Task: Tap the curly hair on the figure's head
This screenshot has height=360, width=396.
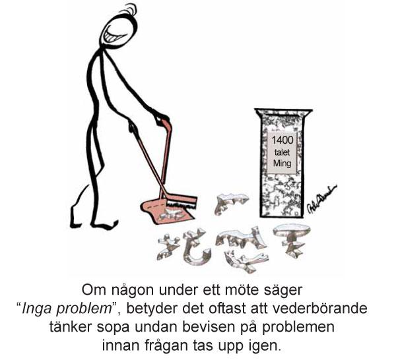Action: click(x=129, y=10)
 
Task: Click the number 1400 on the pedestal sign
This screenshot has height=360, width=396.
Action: click(x=282, y=140)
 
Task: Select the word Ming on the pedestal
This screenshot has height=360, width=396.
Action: click(x=282, y=163)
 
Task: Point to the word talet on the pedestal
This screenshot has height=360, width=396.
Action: click(x=282, y=152)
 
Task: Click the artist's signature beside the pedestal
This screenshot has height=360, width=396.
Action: click(x=321, y=200)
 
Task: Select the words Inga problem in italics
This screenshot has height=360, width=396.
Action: click(x=67, y=309)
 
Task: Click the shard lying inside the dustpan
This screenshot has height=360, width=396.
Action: click(x=172, y=214)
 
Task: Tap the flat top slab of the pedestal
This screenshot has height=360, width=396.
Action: click(x=283, y=111)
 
